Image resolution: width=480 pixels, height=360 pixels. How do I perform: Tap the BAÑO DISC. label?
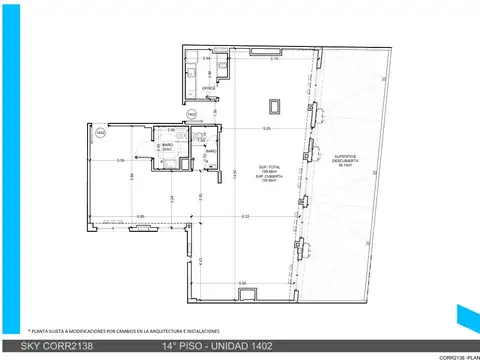coord(167,148)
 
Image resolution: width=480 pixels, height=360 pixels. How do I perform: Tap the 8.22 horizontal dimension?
coord(245,216)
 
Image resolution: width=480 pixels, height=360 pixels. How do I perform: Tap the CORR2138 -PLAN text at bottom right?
coord(459,356)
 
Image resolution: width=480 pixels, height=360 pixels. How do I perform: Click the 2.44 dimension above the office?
coord(206,59)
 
